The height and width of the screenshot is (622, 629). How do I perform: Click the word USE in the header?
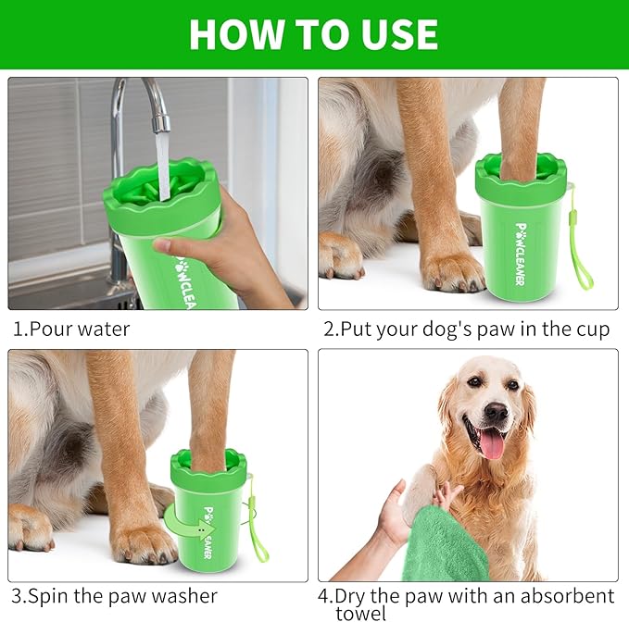(395, 34)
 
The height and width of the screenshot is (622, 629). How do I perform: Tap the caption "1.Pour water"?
(71, 329)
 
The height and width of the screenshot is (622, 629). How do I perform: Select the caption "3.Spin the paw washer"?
(114, 596)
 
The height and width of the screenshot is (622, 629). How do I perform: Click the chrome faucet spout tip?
(161, 121)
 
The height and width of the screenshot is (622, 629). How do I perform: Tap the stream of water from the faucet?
(163, 162)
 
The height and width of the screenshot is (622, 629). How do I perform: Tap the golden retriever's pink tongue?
(493, 443)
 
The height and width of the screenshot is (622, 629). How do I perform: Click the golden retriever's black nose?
(496, 411)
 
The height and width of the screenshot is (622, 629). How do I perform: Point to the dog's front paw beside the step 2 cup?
(452, 269)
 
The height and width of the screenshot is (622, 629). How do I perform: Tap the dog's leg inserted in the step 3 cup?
(212, 407)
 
